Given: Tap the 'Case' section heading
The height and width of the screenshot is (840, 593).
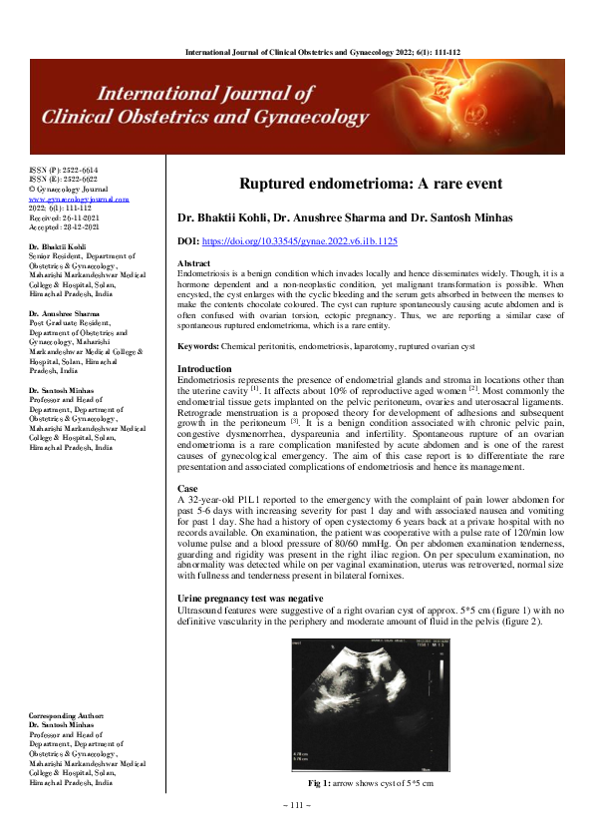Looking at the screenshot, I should click(187, 488).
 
